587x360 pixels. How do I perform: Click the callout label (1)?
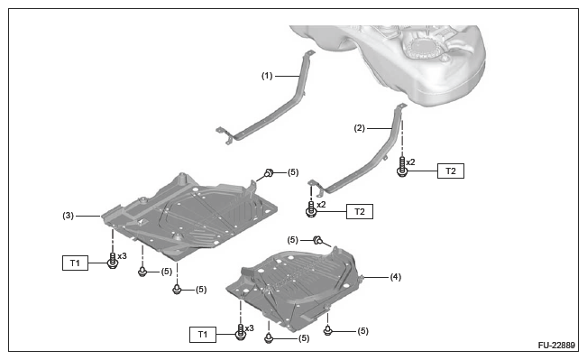(x=267, y=76)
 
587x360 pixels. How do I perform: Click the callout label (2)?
(x=360, y=128)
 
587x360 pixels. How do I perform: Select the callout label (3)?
(x=69, y=216)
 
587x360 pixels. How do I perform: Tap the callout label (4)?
(x=396, y=277)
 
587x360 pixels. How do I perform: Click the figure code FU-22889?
(x=556, y=345)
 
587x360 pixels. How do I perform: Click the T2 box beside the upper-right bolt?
(x=451, y=171)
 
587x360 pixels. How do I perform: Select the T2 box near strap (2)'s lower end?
(x=360, y=212)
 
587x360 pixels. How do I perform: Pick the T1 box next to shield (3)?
(x=75, y=263)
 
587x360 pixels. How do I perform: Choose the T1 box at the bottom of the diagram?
(x=203, y=335)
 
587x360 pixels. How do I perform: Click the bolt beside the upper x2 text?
(x=402, y=167)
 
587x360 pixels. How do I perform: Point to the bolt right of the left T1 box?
(x=113, y=261)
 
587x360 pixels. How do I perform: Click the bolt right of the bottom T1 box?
(x=241, y=332)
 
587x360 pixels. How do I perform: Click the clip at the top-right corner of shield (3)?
(x=269, y=172)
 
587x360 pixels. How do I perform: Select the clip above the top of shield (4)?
(x=317, y=240)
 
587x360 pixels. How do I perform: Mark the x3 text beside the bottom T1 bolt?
(x=250, y=328)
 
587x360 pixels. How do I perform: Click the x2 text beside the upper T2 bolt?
(x=410, y=162)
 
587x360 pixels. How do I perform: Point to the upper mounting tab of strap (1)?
(x=309, y=53)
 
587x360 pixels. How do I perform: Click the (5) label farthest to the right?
(x=362, y=331)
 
